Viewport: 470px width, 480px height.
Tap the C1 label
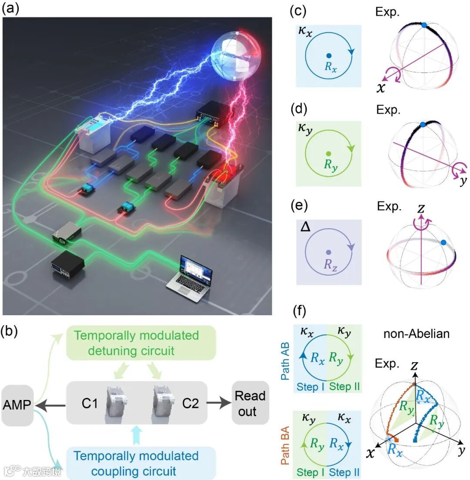90,403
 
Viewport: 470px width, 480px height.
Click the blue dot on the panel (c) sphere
424,25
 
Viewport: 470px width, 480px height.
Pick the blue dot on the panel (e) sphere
443,243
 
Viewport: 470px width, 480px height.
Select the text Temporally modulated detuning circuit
141,343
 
